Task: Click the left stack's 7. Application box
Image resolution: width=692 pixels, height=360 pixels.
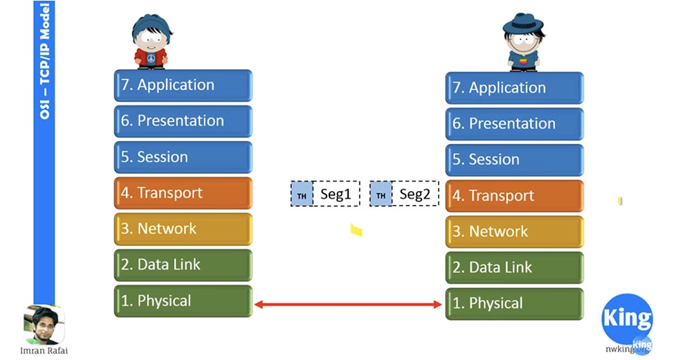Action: pyautogui.click(x=183, y=85)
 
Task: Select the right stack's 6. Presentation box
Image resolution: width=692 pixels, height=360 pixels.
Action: pyautogui.click(x=514, y=124)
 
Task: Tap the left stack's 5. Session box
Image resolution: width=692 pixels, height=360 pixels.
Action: pyautogui.click(x=183, y=157)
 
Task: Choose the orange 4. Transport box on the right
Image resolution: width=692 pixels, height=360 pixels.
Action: pyautogui.click(x=514, y=196)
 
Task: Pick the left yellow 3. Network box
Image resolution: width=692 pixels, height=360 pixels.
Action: pyautogui.click(x=183, y=229)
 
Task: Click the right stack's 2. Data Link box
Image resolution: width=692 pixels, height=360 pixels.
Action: pyautogui.click(x=514, y=268)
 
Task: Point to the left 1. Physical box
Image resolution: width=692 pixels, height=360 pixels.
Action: pyautogui.click(x=183, y=301)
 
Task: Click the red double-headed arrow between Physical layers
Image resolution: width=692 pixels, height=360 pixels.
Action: pyautogui.click(x=349, y=304)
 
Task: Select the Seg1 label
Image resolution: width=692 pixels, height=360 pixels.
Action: pyautogui.click(x=336, y=195)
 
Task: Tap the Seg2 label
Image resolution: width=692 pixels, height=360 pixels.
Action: pyautogui.click(x=415, y=195)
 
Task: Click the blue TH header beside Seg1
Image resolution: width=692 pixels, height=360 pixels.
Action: pyautogui.click(x=302, y=195)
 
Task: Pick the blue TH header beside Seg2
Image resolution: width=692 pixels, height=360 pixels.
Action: pyautogui.click(x=381, y=195)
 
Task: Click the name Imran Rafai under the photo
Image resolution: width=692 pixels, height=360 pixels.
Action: pyautogui.click(x=44, y=350)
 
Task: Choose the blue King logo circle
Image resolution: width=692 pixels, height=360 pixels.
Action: pyautogui.click(x=627, y=319)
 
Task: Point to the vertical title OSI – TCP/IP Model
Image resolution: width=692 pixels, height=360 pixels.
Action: pyautogui.click(x=44, y=62)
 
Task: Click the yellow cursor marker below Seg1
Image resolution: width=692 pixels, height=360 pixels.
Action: pyautogui.click(x=356, y=230)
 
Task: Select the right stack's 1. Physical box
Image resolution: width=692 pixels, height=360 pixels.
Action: pyautogui.click(x=514, y=304)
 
